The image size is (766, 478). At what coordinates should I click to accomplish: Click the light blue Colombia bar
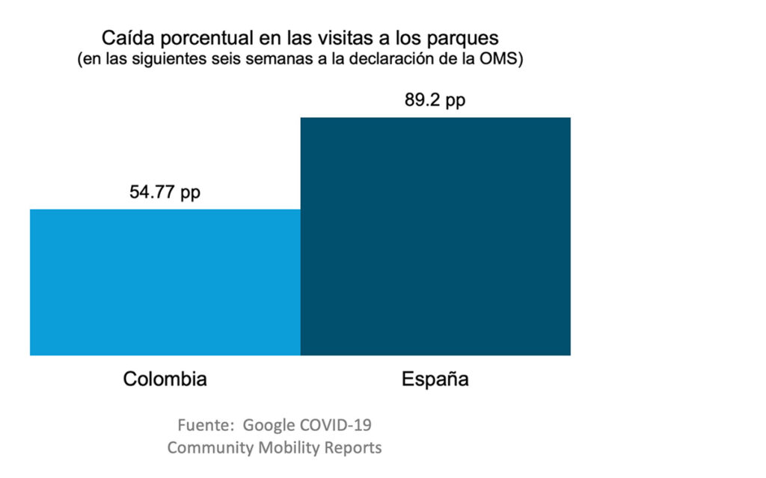(165, 282)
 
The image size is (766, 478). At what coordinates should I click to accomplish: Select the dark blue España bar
(435, 235)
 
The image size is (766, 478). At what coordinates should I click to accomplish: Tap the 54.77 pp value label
(165, 192)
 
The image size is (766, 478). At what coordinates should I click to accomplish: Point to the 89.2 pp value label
(435, 101)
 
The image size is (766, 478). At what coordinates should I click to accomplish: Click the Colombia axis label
(165, 379)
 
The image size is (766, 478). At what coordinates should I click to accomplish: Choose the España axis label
(435, 379)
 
